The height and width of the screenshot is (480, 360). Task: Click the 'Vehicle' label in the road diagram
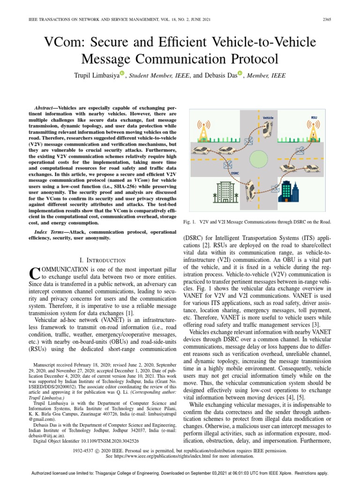pyautogui.click(x=268, y=118)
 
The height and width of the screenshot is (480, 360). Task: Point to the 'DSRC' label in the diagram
pyautogui.click(x=235, y=172)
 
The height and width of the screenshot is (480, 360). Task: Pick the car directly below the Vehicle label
pyautogui.click(x=267, y=128)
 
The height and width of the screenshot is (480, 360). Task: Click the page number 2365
pyautogui.click(x=327, y=19)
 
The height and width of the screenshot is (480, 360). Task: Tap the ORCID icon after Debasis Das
pyautogui.click(x=240, y=73)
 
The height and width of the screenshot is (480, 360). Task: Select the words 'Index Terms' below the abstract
pyautogui.click(x=51, y=232)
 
